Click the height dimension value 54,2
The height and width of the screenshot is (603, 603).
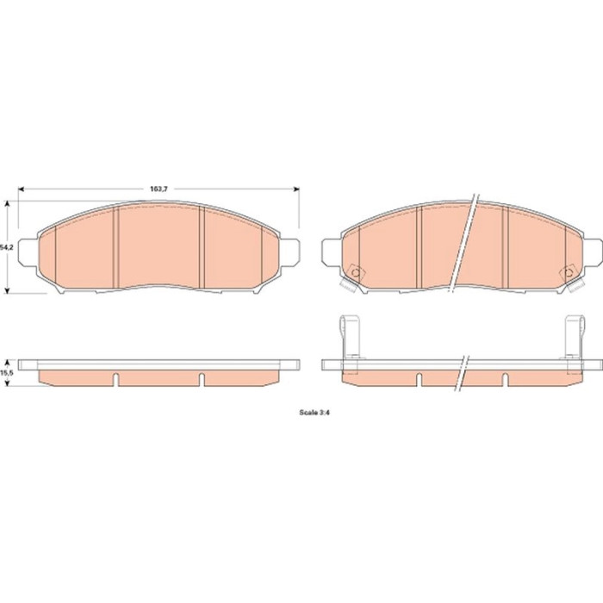pos(7,248)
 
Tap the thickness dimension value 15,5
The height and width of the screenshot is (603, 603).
pos(7,372)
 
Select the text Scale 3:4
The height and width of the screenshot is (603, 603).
pos(314,413)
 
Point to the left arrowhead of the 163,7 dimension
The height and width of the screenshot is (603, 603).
pos(22,189)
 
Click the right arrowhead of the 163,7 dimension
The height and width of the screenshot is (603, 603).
pos(296,189)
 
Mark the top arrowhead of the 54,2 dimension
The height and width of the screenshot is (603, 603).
pos(7,204)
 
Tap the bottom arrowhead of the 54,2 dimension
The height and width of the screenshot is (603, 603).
pos(7,290)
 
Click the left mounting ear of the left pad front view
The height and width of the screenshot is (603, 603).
pos(28,252)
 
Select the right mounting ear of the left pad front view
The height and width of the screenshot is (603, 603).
pos(289,252)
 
